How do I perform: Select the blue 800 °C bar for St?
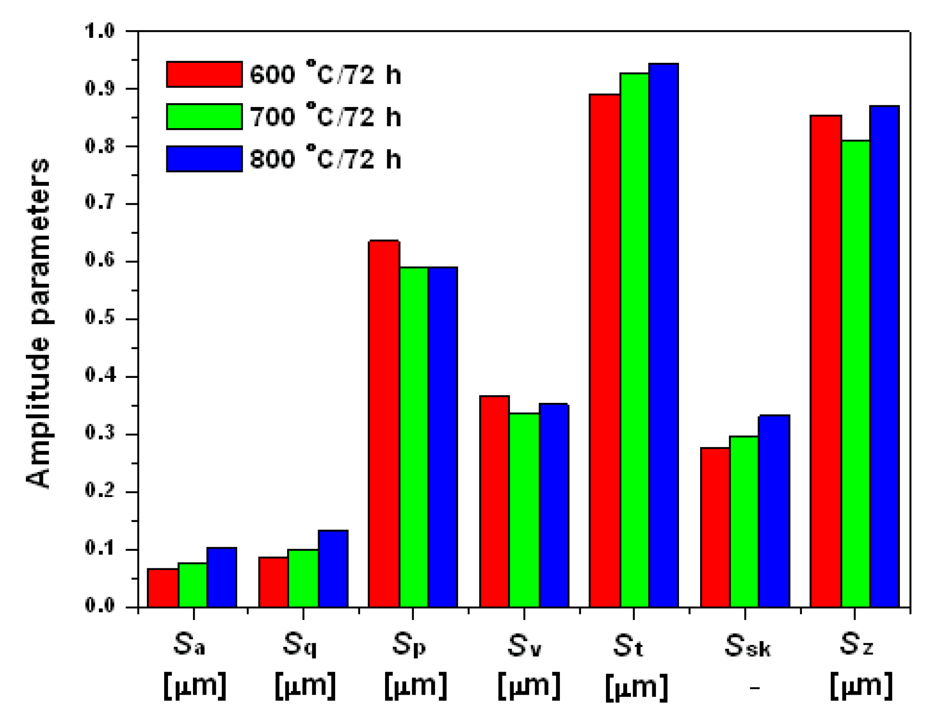664,335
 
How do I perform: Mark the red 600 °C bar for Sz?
826,361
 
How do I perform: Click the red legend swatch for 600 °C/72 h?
204,74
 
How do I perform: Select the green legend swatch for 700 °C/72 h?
204,117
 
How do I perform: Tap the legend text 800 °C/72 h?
325,159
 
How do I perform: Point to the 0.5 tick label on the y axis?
100,318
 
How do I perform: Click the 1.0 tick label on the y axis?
100,31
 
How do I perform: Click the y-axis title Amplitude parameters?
39,322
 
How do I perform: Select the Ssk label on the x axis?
748,646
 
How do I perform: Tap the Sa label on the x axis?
190,645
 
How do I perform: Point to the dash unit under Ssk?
755,688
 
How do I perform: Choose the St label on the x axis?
628,646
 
